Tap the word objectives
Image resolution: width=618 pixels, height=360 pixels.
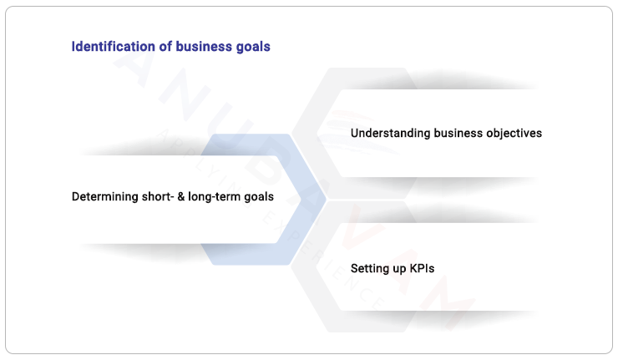coord(515,133)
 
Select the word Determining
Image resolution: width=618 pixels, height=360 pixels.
coord(104,197)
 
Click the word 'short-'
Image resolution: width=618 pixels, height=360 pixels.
coord(157,197)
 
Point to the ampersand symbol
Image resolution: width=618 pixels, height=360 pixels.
coord(181,197)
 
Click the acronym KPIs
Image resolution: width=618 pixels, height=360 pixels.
coord(422,269)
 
